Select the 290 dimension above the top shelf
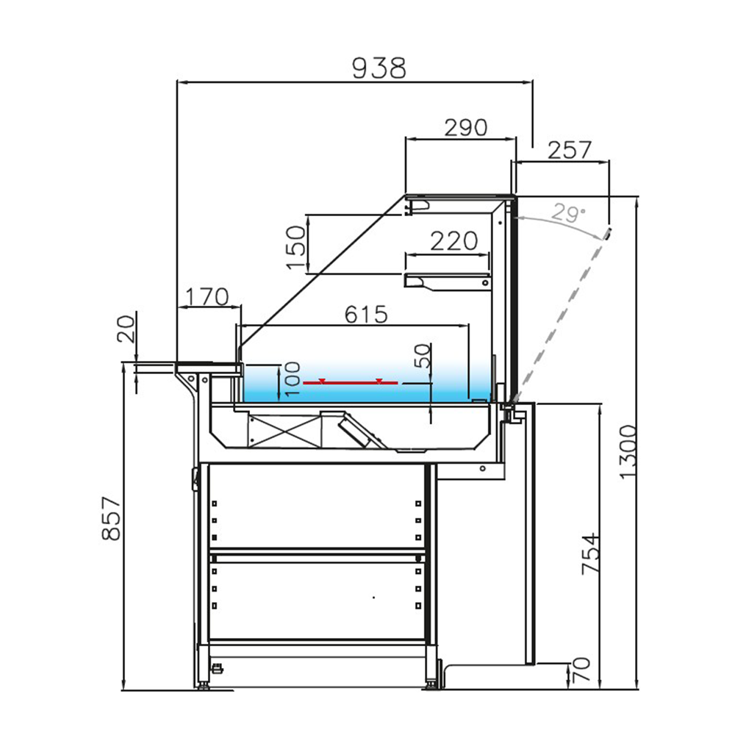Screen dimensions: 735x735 coord(465,127)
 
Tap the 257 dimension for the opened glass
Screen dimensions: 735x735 coord(570,150)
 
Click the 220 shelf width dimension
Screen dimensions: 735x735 coord(453,241)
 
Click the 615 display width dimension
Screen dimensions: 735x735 coord(365,315)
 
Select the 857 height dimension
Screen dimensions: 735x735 coord(110,518)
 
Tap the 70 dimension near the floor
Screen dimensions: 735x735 coord(581,670)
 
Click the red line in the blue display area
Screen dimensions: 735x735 coord(351,383)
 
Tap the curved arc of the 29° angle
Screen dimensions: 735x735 coord(566,224)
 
